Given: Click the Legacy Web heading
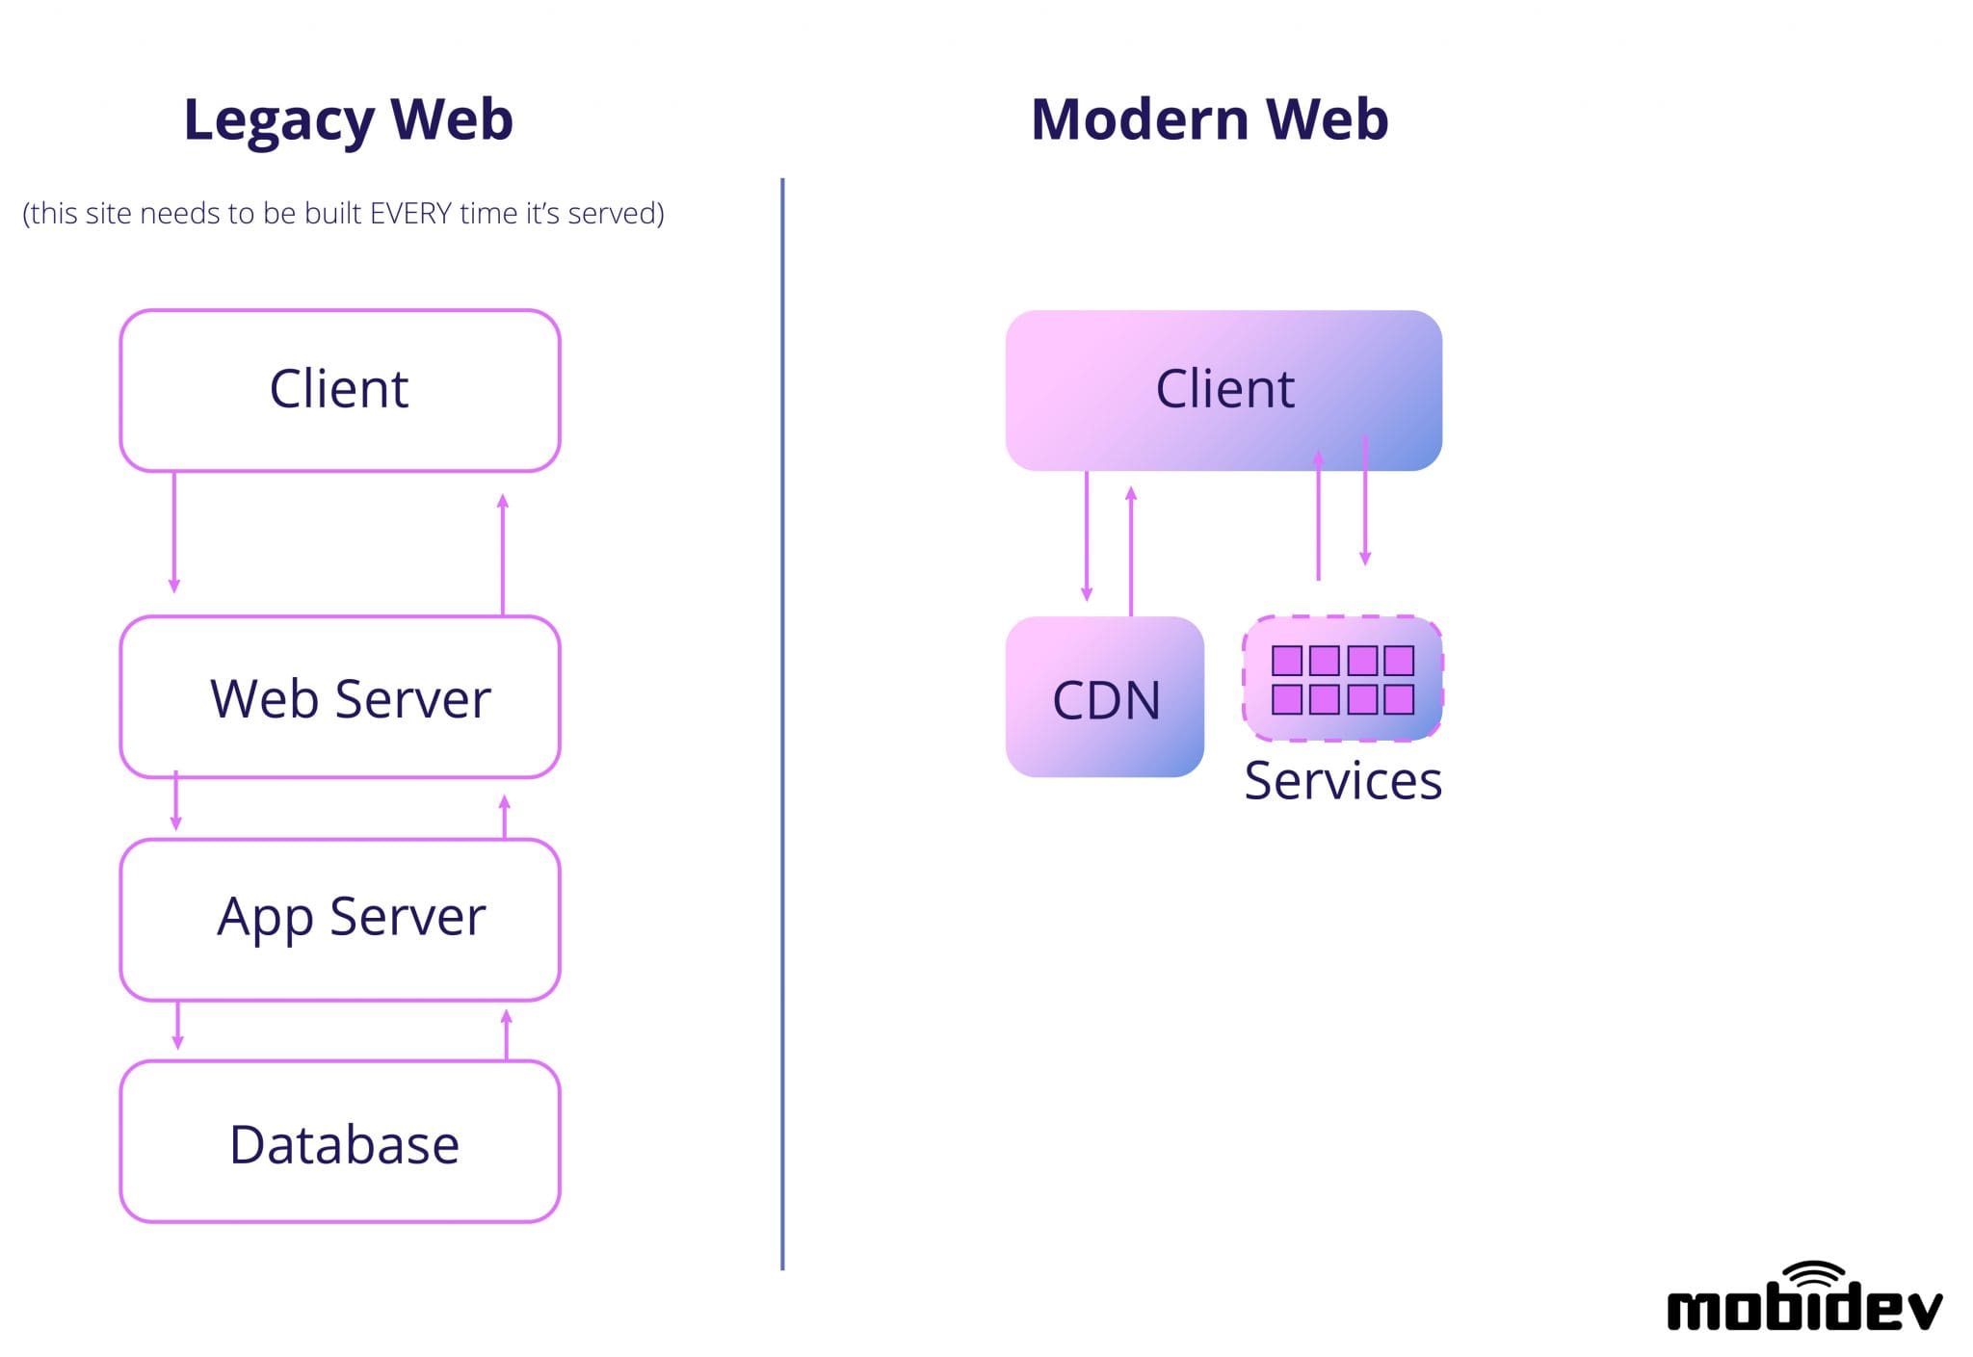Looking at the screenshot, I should pos(348,119).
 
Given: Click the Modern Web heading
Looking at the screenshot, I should pos(1209,119).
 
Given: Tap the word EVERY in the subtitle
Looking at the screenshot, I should pos(410,213).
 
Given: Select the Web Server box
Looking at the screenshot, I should pos(340,697).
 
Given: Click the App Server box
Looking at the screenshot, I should pos(340,919).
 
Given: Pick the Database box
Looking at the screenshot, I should pos(340,1142).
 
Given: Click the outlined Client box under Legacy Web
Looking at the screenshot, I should pos(340,390).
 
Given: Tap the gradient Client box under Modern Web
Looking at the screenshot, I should pos(1223,390).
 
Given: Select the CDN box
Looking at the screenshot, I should pos(1105,697).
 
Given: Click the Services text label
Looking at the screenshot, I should pos(1343,780).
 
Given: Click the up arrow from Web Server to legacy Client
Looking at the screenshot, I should pos(502,554).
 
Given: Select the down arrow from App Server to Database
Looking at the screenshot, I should pos(177,1026).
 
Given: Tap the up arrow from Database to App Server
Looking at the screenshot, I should pos(507,1034).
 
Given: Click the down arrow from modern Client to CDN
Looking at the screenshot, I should pos(1087,535).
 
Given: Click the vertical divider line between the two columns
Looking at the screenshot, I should pos(782,722).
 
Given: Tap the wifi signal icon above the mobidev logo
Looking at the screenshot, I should pos(1814,1273).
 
